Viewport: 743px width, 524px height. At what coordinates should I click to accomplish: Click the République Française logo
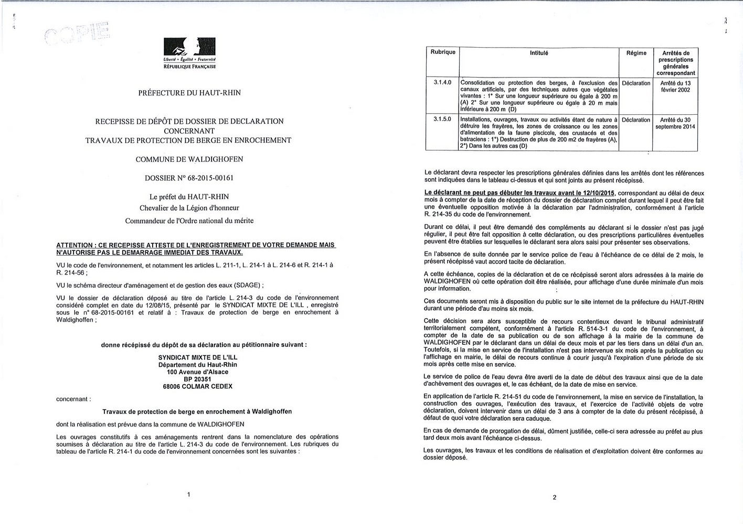(x=189, y=53)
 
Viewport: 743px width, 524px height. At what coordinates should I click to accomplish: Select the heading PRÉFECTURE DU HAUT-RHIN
(x=189, y=93)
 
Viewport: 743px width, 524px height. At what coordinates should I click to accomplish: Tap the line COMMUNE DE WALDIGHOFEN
(x=189, y=159)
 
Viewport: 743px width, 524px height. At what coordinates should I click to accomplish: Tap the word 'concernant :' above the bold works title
(x=73, y=399)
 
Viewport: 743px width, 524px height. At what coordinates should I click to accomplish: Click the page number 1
(x=188, y=494)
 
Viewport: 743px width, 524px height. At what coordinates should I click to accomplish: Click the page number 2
(x=554, y=497)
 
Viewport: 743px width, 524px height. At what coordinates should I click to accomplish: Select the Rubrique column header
(x=442, y=52)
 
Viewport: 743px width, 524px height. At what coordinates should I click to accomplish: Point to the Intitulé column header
(x=539, y=53)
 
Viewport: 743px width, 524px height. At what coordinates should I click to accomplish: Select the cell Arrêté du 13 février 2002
(x=676, y=86)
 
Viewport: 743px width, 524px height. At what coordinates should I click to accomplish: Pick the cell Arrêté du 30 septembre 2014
(x=676, y=123)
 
